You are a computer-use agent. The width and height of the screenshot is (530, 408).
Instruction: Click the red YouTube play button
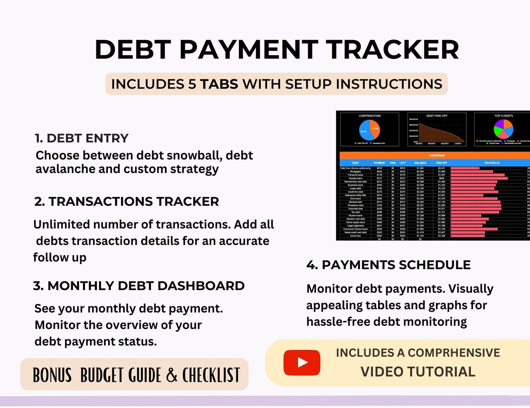[301, 362]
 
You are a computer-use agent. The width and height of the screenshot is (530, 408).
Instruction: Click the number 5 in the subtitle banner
[192, 84]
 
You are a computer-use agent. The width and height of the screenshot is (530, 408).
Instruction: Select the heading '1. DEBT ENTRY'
[81, 138]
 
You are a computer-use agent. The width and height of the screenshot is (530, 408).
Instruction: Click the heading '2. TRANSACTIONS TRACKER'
[127, 202]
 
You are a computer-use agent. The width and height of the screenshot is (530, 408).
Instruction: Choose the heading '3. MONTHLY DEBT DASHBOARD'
[139, 286]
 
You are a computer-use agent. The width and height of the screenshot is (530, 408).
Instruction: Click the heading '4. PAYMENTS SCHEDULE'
[388, 265]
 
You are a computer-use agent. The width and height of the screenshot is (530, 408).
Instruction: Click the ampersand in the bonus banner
[171, 375]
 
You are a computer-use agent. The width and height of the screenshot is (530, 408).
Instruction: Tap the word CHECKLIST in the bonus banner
[211, 375]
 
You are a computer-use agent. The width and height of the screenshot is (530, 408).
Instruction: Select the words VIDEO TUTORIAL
[418, 372]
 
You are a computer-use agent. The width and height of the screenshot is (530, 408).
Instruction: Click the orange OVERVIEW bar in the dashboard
[436, 156]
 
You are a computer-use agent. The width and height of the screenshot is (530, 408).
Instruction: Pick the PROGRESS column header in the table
[491, 163]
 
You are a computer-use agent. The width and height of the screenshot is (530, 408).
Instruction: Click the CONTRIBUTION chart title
[369, 116]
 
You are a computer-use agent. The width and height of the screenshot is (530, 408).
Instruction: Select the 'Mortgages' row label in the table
[355, 171]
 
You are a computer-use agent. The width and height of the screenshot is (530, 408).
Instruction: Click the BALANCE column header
[420, 163]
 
